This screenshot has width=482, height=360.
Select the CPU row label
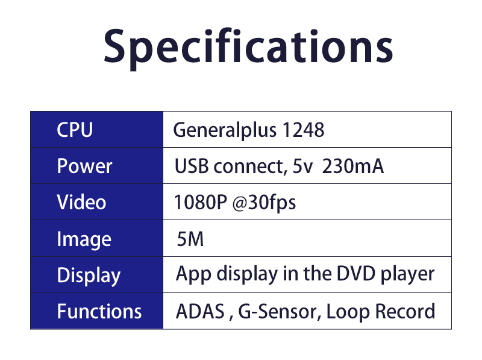pyautogui.click(x=75, y=130)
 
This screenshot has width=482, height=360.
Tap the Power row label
pyautogui.click(x=84, y=166)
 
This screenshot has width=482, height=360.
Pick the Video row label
pyautogui.click(x=81, y=202)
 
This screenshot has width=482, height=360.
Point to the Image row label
pyautogui.click(x=84, y=239)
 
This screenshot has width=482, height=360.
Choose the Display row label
pyautogui.click(x=89, y=276)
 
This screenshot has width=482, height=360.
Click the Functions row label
pyautogui.click(x=99, y=311)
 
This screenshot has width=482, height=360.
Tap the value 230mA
pyautogui.click(x=353, y=166)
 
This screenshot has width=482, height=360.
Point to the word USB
pyautogui.click(x=189, y=166)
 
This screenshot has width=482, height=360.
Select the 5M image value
pyautogui.click(x=190, y=239)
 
